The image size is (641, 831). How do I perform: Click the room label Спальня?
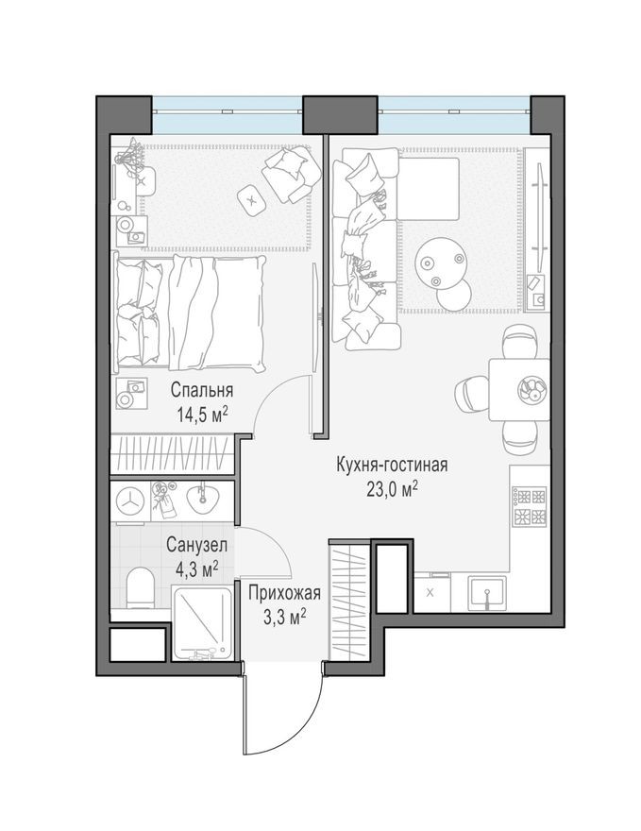coord(202,390)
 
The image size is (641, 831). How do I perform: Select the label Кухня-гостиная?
coord(391,465)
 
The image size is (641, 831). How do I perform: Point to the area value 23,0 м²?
coord(391,487)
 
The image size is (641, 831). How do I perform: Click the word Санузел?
coord(195,545)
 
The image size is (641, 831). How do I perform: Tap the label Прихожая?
coord(284,593)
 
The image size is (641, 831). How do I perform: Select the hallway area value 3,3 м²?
coord(284,616)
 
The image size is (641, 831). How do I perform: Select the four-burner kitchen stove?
coord(529,506)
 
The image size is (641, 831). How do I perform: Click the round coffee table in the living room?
coord(440,258)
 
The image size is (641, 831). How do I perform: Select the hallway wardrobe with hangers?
coord(346,600)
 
